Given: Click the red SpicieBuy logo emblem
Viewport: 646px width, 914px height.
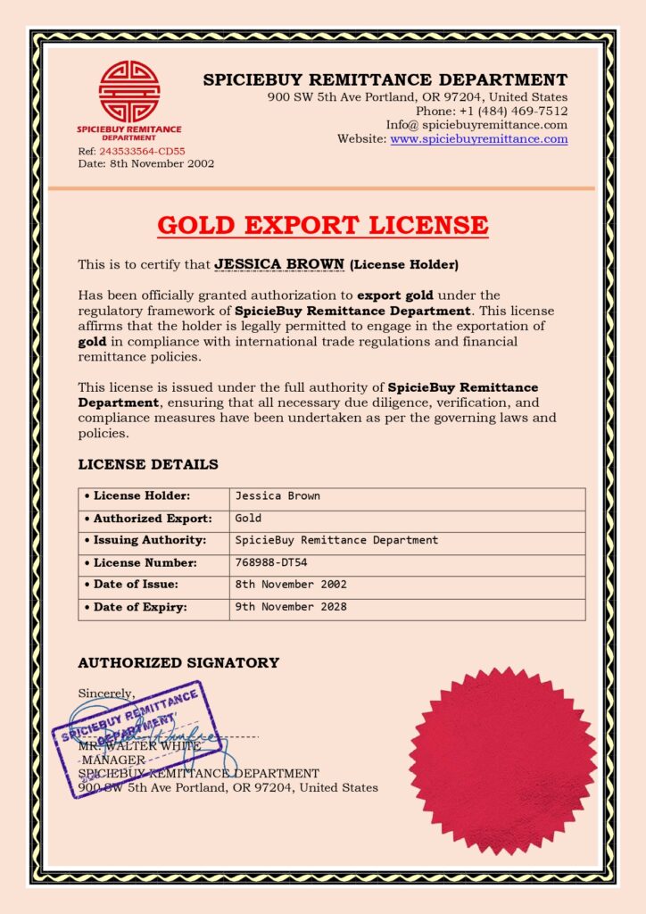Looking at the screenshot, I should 128,91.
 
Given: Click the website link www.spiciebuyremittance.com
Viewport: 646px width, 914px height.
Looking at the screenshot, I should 478,139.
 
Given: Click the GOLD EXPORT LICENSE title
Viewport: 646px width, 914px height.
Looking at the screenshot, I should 323,225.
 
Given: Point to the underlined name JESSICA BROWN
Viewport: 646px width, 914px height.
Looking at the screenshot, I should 279,264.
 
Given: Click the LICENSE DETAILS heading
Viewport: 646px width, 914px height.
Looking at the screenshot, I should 148,464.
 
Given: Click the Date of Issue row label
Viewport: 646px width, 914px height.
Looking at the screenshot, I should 136,585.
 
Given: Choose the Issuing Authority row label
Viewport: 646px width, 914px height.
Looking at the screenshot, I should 150,541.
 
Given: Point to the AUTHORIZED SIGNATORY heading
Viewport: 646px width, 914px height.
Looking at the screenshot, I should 178,662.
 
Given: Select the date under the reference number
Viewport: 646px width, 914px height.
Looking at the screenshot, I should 146,163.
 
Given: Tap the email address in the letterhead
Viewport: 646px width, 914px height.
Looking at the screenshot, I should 476,125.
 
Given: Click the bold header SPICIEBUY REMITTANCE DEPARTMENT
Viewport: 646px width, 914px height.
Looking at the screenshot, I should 385,79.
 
